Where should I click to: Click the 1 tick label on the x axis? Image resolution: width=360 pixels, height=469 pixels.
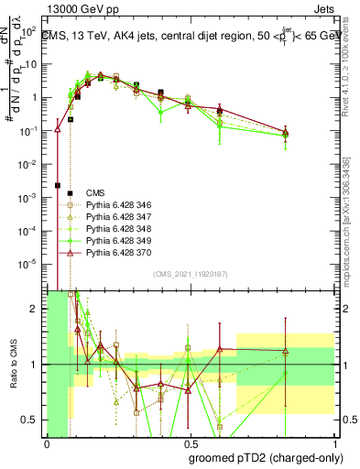333,443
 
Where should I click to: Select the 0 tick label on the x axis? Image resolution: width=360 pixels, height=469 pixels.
47,443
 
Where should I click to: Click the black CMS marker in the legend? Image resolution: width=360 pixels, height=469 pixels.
57,192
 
